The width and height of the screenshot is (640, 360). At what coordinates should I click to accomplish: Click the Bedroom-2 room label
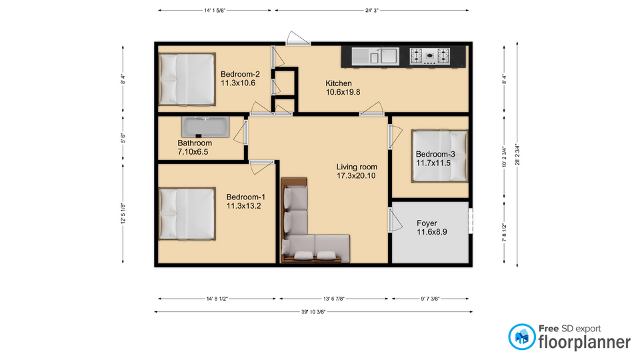point(240,74)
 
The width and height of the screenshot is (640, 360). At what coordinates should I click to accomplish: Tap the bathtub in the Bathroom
point(205,127)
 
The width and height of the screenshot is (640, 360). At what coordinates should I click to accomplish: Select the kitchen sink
point(375,56)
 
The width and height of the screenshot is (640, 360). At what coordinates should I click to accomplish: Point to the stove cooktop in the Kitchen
point(430,56)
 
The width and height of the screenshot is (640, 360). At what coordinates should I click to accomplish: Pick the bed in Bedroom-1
point(187,213)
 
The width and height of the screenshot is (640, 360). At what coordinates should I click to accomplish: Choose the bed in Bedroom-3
point(439,155)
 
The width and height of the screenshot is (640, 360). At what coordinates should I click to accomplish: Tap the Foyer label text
point(427,223)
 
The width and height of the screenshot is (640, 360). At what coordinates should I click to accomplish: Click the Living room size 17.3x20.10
point(356,176)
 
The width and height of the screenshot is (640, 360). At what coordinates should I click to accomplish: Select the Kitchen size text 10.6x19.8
point(343,92)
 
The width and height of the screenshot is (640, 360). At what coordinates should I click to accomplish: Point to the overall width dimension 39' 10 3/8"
point(313,312)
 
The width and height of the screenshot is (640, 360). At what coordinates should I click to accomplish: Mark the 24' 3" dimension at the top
point(371,11)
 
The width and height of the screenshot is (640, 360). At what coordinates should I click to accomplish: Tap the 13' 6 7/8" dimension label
point(334,299)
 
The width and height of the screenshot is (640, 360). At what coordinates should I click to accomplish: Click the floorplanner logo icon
point(521,337)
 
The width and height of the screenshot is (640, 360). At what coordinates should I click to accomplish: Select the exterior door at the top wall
point(298,39)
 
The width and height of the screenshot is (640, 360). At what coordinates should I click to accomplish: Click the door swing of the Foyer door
point(395,221)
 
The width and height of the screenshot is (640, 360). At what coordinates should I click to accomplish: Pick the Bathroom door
point(241,131)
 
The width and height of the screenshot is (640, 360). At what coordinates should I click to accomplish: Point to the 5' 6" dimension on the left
point(123,138)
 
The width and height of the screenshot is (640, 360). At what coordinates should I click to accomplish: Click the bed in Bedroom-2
point(187,79)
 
